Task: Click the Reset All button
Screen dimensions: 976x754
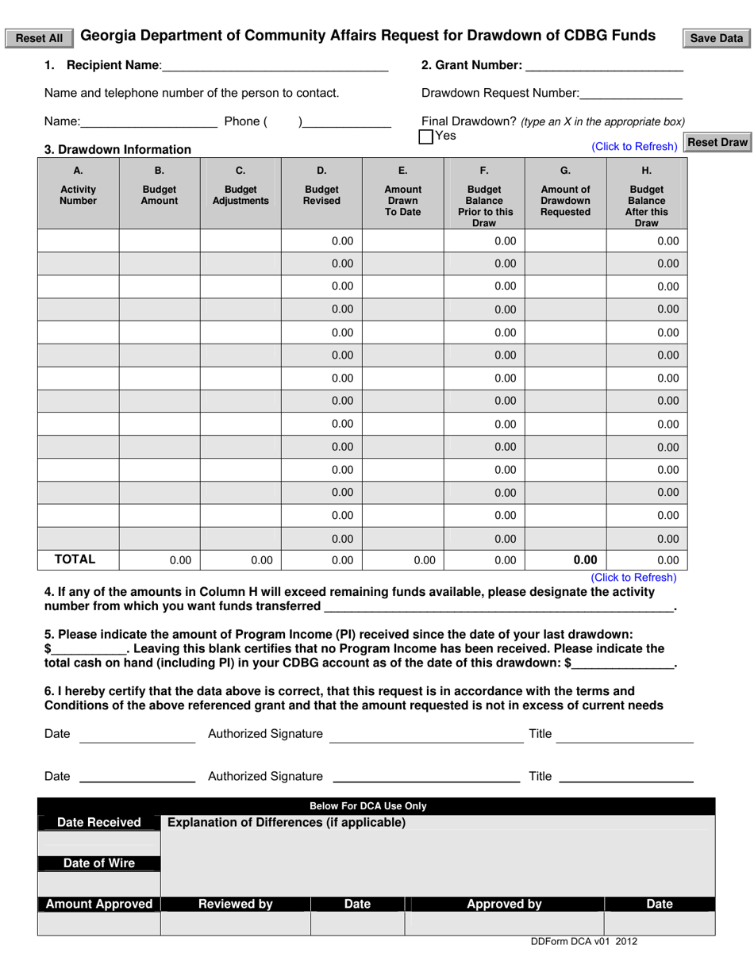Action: click(40, 38)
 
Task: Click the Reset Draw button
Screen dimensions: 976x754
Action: click(717, 143)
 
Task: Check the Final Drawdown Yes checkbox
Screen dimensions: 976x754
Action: click(426, 136)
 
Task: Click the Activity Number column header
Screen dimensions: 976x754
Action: click(78, 194)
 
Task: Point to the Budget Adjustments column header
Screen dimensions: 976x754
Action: click(240, 194)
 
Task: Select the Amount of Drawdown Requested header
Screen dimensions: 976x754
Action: click(565, 200)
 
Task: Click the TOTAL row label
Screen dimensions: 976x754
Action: click(75, 559)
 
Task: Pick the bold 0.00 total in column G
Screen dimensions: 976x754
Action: click(585, 559)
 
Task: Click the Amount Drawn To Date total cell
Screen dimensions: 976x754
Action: click(425, 560)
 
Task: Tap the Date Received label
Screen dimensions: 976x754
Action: click(99, 823)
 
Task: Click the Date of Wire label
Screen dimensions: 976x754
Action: click(99, 863)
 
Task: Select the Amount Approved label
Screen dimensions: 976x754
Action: click(99, 904)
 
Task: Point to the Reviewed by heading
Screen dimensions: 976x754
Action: click(235, 904)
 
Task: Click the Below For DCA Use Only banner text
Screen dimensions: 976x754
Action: click(368, 806)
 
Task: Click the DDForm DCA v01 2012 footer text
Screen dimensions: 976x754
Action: click(584, 942)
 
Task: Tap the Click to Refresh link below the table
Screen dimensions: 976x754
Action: click(633, 578)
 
